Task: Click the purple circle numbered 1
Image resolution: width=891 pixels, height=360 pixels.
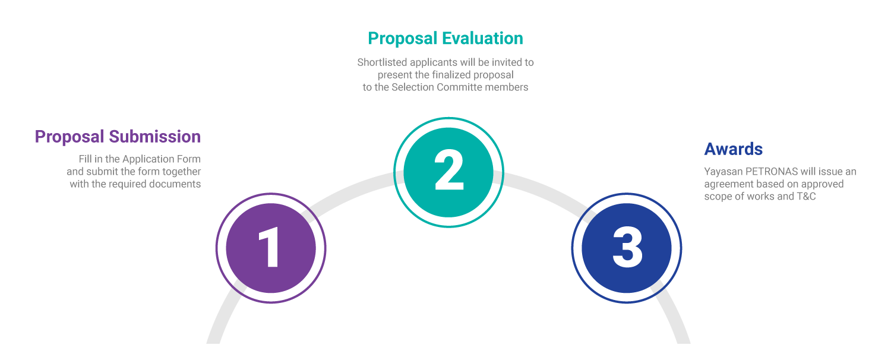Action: [271, 248]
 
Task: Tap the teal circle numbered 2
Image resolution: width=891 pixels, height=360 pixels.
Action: [449, 172]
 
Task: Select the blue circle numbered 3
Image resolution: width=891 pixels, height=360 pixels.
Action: [627, 248]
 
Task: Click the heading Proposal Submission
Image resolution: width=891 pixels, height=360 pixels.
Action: [118, 137]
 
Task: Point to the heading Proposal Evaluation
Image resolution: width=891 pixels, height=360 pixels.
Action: [445, 39]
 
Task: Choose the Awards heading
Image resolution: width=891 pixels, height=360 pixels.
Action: [733, 149]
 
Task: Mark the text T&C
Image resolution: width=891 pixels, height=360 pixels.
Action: [805, 197]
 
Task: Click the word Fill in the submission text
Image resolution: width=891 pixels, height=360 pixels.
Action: [86, 159]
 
